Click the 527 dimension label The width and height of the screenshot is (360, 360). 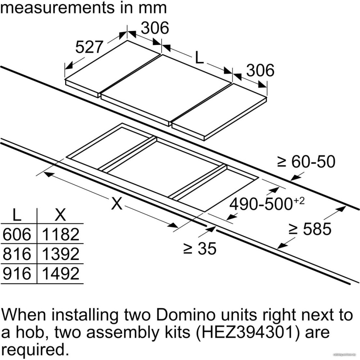tap(89, 47)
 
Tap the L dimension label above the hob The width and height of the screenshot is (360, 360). tap(199, 57)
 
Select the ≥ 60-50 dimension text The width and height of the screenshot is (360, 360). tap(306, 162)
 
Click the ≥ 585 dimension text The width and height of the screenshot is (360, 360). tap(310, 229)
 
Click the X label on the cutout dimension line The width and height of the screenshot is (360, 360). tap(117, 203)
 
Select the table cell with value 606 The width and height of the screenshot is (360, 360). tap(17, 234)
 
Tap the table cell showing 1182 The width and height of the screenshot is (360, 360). tap(60, 234)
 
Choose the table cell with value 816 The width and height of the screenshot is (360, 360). tap(17, 254)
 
